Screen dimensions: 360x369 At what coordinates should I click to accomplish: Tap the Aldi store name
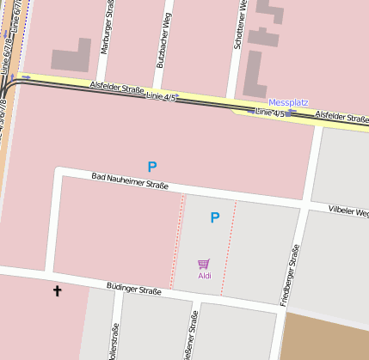pos(205,276)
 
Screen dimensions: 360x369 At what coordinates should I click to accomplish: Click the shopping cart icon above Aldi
pos(204,264)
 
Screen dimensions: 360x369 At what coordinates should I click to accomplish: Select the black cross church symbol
pos(58,291)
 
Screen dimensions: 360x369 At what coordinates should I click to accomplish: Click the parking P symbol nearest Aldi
pos(215,218)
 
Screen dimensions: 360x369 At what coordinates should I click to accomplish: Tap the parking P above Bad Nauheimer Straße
pos(152,167)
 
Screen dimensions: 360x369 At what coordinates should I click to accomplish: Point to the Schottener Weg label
pos(242,26)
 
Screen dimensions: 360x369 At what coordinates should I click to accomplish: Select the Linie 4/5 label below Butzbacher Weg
pos(161,97)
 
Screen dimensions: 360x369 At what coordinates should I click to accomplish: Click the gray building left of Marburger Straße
pos(71,57)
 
